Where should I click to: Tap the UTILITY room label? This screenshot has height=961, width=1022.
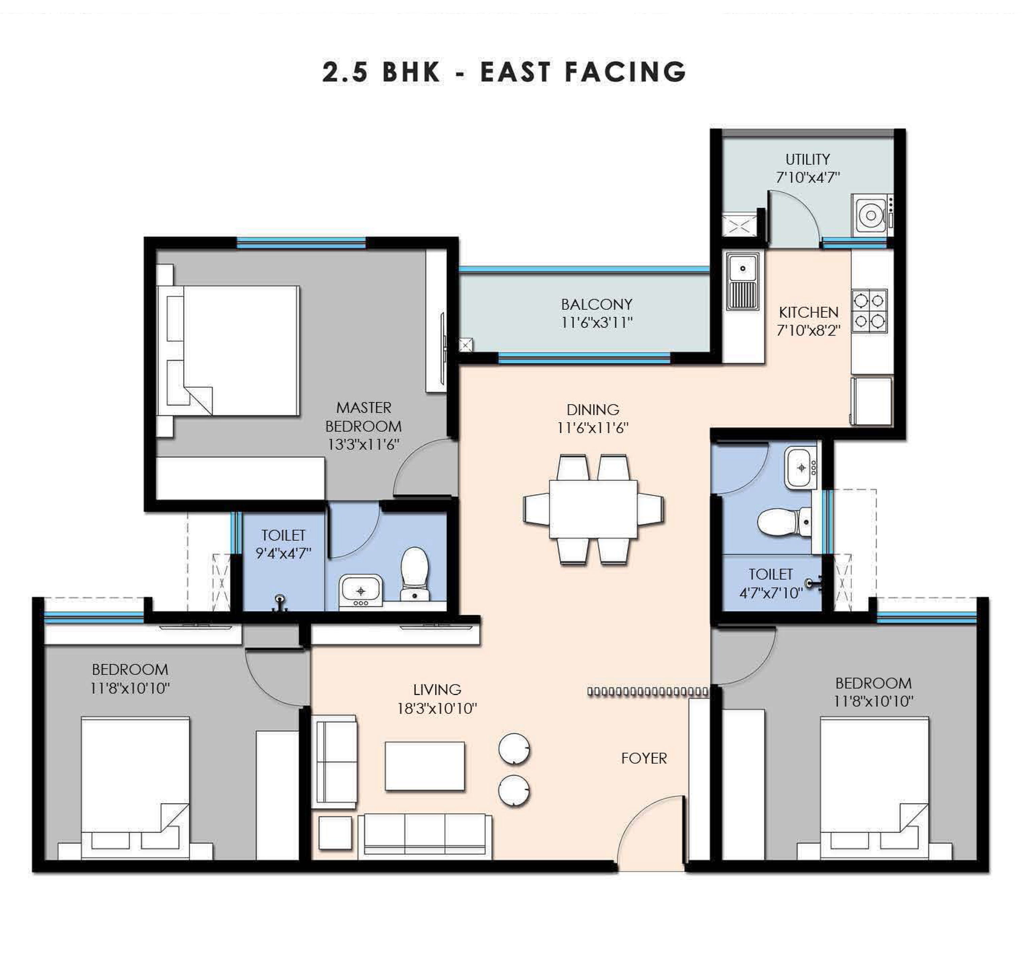(808, 159)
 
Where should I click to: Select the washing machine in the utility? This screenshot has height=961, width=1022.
(872, 215)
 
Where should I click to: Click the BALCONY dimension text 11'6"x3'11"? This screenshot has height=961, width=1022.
(597, 323)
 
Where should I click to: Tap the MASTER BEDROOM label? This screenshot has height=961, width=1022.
(364, 417)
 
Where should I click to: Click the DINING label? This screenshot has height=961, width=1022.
(593, 410)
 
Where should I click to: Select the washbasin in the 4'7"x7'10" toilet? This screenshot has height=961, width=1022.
(800, 468)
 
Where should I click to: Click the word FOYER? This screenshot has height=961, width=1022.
(644, 758)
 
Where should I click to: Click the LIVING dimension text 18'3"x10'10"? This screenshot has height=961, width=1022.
(437, 709)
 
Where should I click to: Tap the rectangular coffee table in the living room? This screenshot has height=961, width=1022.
(424, 766)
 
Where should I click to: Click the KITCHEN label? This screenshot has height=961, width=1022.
(809, 312)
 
